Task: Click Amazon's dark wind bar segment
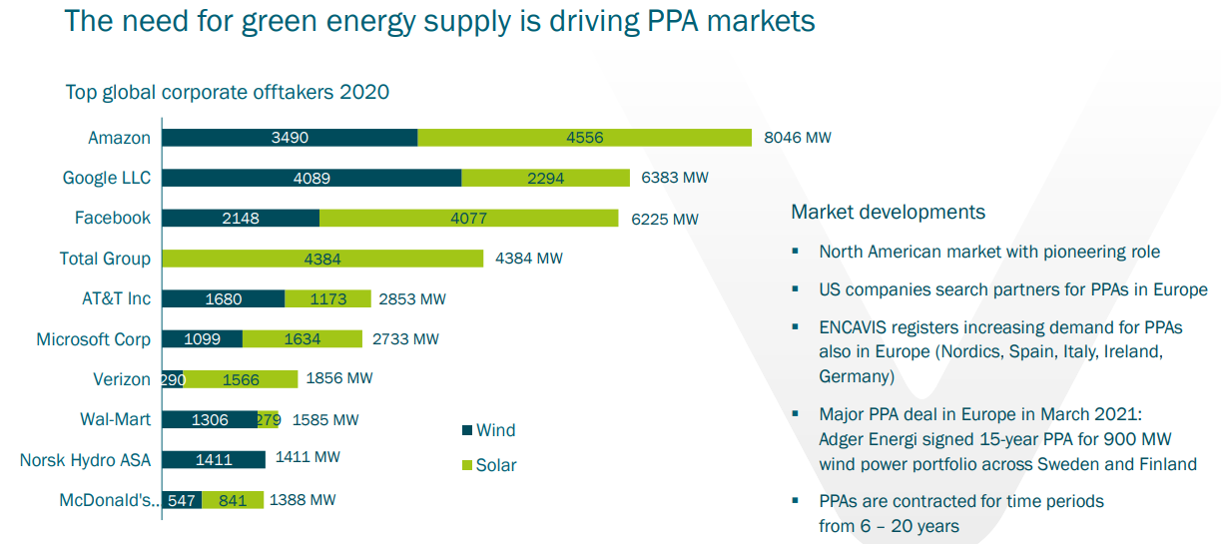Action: (x=290, y=138)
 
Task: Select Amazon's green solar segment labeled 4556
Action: (x=584, y=138)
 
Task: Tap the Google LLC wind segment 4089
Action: (x=311, y=178)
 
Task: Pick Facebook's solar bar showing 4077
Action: (x=468, y=218)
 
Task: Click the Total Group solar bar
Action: (x=322, y=259)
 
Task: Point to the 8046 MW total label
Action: (x=797, y=138)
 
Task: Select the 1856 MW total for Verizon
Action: (x=339, y=379)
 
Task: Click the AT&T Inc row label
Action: (x=116, y=298)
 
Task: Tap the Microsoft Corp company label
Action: (x=93, y=339)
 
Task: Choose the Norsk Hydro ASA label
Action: (x=85, y=460)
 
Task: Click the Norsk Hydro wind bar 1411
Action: (x=214, y=459)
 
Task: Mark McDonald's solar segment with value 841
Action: (x=233, y=500)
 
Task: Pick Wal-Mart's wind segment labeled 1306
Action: (x=209, y=419)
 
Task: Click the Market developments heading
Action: (x=888, y=212)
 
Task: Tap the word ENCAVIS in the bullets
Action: (x=858, y=326)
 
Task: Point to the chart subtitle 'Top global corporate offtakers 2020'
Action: (x=227, y=93)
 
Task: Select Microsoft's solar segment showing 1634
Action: (x=302, y=339)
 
